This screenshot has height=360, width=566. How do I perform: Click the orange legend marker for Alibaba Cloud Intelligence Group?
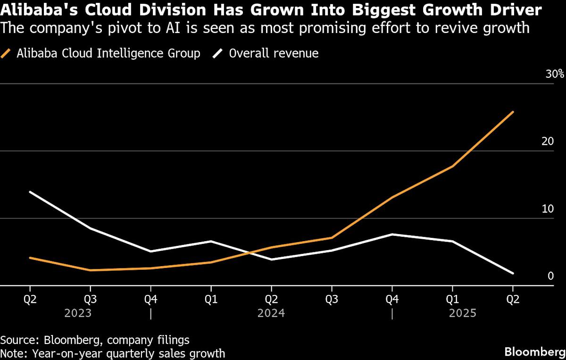pyautogui.click(x=7, y=53)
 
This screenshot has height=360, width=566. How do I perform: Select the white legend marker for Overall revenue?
pyautogui.click(x=218, y=53)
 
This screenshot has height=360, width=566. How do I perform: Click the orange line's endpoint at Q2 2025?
pyautogui.click(x=513, y=112)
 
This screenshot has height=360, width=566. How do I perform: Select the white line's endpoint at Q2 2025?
pyautogui.click(x=513, y=273)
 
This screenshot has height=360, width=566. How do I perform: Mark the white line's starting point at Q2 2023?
pyautogui.click(x=30, y=192)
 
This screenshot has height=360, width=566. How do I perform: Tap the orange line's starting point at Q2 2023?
pyautogui.click(x=30, y=258)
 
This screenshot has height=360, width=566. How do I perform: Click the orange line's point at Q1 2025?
pyautogui.click(x=452, y=167)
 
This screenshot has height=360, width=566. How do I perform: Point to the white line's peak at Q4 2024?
pyautogui.click(x=392, y=234)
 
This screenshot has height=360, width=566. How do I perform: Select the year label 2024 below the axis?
pyautogui.click(x=271, y=313)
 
